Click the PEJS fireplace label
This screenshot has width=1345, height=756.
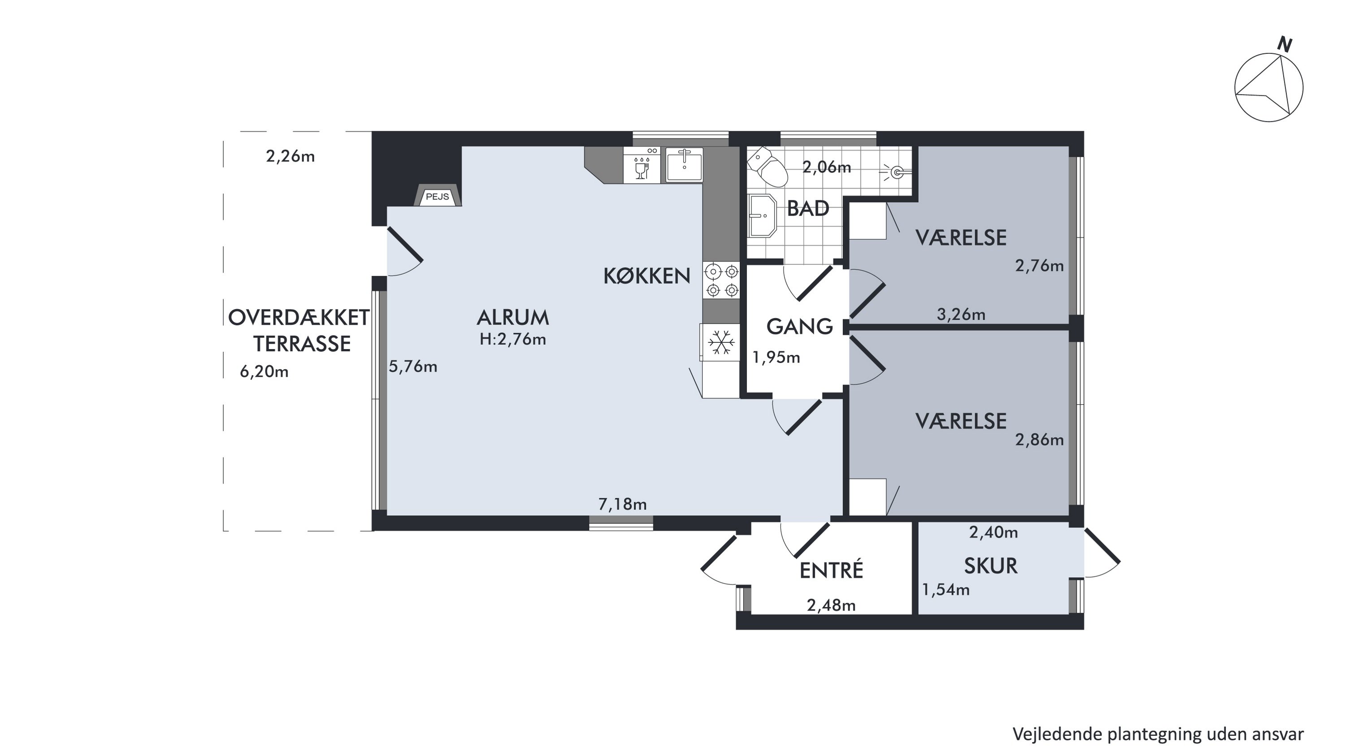click(437, 197)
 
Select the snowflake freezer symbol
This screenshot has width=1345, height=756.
click(721, 343)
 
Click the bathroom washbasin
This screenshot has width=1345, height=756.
click(762, 216)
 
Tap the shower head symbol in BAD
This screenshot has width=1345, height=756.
click(895, 172)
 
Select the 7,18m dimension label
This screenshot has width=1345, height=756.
click(622, 504)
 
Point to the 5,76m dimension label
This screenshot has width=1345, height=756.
click(413, 366)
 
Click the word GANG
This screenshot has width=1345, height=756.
click(799, 327)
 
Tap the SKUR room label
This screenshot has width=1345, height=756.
click(990, 566)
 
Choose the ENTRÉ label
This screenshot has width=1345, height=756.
click(831, 570)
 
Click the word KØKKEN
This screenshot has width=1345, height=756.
click(647, 276)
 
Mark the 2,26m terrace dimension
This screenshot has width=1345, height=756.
click(291, 156)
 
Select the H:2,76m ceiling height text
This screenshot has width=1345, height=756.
click(513, 339)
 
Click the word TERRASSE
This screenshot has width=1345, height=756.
click(302, 344)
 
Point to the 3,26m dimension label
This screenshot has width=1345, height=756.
click(961, 314)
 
